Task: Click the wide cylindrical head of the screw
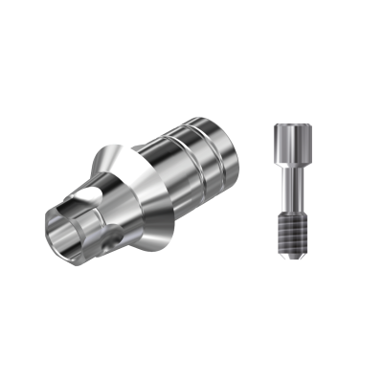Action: [287, 140]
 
